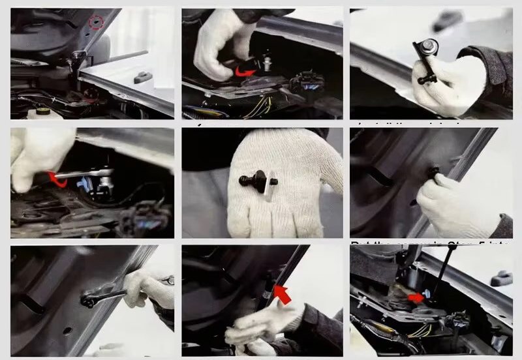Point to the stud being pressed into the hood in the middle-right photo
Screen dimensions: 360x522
point(433,173)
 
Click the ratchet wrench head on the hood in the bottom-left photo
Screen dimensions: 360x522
point(89,300)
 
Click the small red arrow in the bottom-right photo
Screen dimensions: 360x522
point(416,299)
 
